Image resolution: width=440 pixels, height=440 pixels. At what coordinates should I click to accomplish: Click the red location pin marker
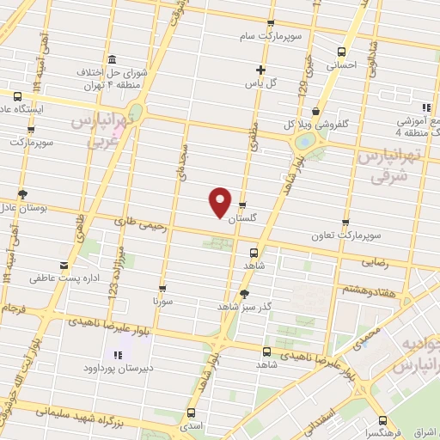[x=221, y=201]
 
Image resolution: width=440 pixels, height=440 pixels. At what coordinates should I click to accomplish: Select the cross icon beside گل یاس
[x=260, y=70]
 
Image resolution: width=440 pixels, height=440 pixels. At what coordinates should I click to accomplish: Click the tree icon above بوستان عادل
[x=21, y=194]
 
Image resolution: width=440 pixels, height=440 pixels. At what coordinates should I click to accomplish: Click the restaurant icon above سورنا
[x=162, y=289]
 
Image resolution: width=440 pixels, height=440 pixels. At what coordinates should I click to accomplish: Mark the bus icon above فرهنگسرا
[x=381, y=422]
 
